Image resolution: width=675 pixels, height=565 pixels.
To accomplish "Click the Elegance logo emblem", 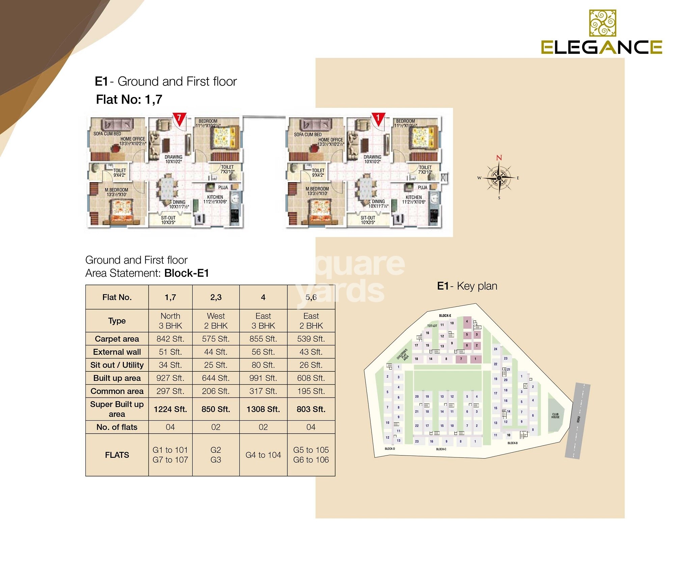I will (602, 23).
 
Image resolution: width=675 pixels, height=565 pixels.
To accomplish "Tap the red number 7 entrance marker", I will (179, 119).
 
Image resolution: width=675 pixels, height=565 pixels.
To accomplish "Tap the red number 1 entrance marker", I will (378, 118).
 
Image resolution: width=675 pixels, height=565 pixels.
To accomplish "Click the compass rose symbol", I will (499, 177).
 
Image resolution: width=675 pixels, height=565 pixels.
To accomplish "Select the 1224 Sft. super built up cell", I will (170, 409).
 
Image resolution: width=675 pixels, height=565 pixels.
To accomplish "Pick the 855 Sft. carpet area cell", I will (263, 339).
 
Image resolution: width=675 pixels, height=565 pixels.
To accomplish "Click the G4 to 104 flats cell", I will (263, 455).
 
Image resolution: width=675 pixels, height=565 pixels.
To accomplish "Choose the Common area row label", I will (117, 391).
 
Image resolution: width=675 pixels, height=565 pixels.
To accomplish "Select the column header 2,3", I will (216, 297).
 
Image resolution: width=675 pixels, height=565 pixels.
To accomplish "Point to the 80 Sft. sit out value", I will (263, 365).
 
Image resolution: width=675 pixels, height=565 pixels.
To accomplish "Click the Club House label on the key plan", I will (555, 416).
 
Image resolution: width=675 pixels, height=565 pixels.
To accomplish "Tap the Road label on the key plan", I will (578, 419).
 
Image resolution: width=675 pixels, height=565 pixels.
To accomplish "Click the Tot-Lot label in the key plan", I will (432, 326).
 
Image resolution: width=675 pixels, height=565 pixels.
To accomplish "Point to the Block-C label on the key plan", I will (441, 449).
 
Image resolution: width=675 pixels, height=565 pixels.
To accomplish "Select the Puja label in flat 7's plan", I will (223, 188).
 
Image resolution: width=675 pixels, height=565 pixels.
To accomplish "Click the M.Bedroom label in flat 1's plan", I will (317, 191).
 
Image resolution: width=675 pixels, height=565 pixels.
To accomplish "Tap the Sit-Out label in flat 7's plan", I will (168, 220).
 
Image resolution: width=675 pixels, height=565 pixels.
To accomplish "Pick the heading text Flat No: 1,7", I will (129, 100).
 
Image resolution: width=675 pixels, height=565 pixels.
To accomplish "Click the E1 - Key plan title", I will (467, 286).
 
